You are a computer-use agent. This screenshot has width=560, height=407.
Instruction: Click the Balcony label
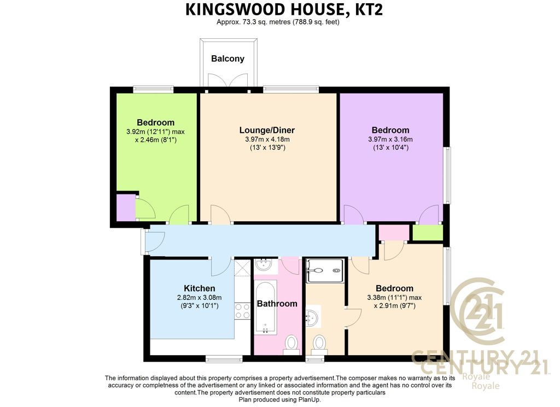tap(227, 58)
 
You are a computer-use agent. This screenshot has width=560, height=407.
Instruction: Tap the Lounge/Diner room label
tap(267, 130)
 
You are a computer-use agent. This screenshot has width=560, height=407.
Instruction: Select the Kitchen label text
tap(199, 288)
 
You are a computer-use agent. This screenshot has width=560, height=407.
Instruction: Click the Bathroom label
tap(277, 304)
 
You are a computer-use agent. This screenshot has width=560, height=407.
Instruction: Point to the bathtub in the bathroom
tap(265, 308)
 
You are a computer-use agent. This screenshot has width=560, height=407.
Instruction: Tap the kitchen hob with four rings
tap(242, 311)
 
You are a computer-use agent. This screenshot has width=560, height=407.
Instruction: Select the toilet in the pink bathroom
tap(292, 345)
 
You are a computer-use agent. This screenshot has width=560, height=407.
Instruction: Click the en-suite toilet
tap(319, 345)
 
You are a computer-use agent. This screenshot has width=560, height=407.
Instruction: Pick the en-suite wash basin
tap(313, 316)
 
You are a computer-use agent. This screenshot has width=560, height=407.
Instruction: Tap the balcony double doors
tap(227, 80)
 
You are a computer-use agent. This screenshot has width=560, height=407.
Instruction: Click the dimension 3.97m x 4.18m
tap(264, 139)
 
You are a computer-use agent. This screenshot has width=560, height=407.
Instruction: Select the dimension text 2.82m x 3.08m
tap(199, 298)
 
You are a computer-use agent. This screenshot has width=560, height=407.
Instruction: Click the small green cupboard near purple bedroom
tap(428, 233)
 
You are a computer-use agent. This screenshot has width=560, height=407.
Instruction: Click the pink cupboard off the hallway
tap(394, 233)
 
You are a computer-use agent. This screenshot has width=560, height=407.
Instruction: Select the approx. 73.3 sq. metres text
tap(254, 22)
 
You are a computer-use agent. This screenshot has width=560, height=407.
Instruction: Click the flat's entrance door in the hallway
tap(154, 243)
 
